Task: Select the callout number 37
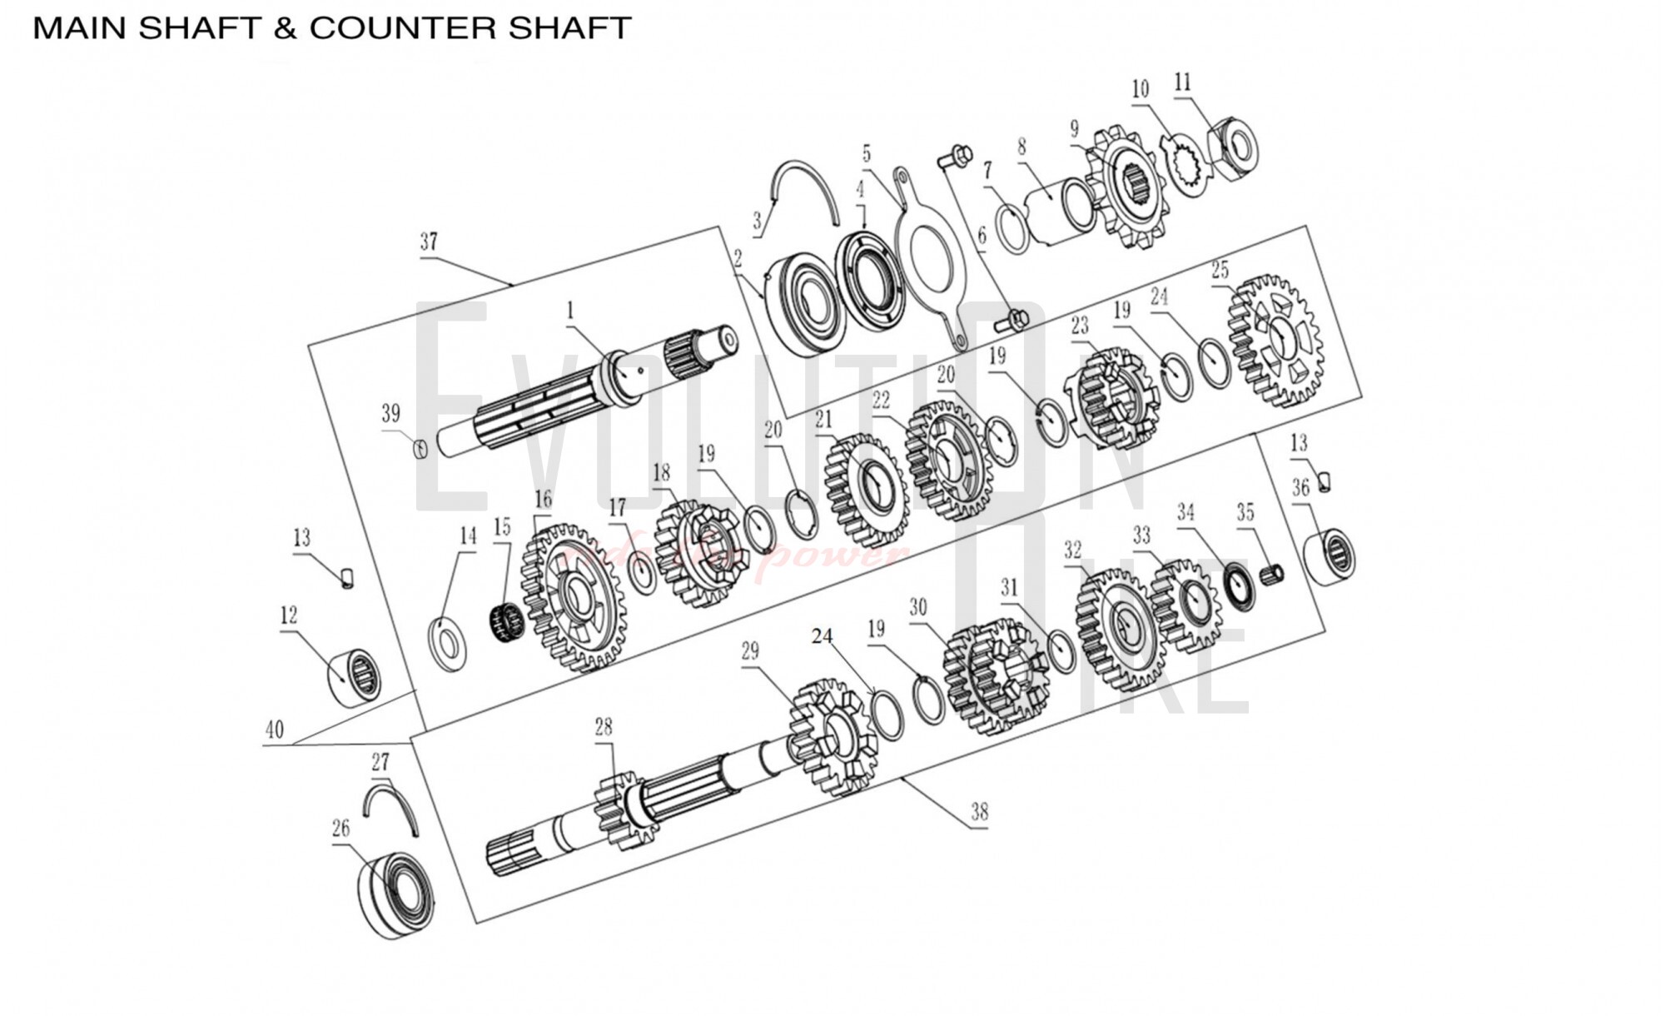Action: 429,242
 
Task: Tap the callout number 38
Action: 980,812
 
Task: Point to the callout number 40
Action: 275,730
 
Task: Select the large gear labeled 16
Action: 574,595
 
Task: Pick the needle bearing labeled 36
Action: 1330,555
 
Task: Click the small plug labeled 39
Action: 421,449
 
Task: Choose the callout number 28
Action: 604,727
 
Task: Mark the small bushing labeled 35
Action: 1273,575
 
